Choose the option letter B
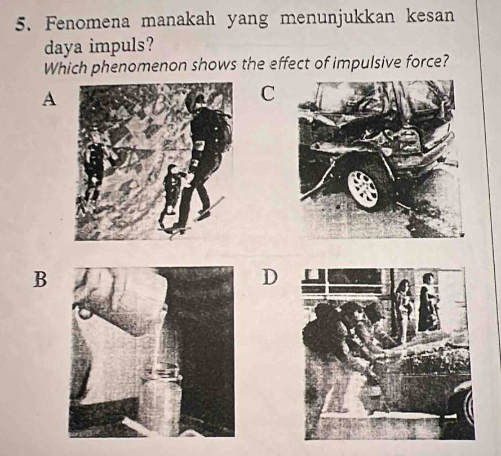point(39,278)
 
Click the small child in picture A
point(171,192)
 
